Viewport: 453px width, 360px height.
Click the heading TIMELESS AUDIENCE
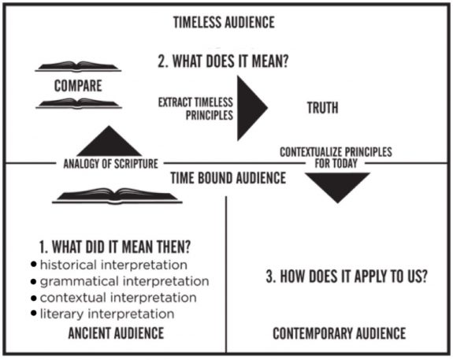(x=224, y=23)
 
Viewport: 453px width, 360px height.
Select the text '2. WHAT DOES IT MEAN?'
(x=223, y=61)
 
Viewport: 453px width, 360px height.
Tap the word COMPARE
(x=78, y=86)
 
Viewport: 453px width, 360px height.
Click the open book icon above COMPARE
(x=78, y=67)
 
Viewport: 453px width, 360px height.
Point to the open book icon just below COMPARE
(x=79, y=104)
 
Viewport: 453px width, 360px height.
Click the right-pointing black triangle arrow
(x=251, y=108)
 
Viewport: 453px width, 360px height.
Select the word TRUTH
(x=322, y=108)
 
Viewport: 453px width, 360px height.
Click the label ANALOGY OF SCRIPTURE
(x=110, y=164)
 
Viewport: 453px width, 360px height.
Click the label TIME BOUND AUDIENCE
(x=228, y=178)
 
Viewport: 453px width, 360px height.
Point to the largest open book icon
(x=117, y=196)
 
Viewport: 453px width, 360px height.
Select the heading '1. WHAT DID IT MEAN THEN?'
(x=115, y=247)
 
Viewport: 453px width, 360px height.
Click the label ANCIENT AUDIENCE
(x=116, y=333)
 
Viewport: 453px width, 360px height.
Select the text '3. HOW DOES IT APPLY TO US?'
(x=347, y=276)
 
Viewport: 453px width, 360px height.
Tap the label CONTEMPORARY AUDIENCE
(x=340, y=333)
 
